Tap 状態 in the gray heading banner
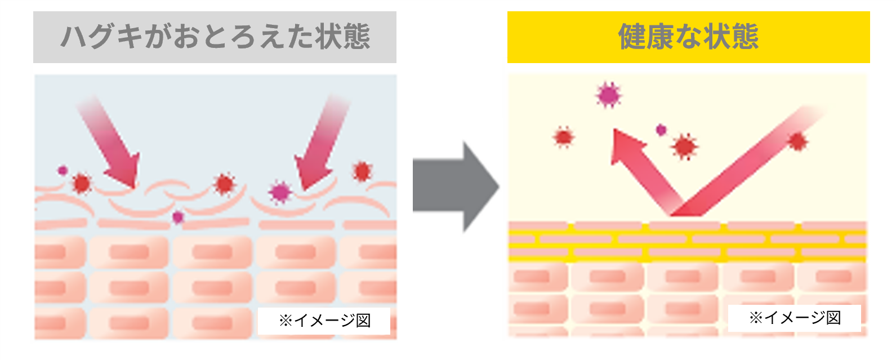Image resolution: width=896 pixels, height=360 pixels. (x=342, y=37)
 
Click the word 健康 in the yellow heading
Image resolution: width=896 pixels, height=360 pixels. (x=645, y=37)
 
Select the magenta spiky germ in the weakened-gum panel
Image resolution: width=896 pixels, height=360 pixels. (x=280, y=192)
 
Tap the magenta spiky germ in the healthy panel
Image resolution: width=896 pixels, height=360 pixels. (x=608, y=95)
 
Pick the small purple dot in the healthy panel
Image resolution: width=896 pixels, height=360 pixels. (x=661, y=130)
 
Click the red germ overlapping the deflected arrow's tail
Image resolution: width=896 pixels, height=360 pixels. (x=798, y=141)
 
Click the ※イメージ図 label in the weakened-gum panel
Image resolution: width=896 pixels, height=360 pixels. (x=324, y=321)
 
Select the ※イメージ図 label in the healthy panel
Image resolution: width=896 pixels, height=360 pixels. (x=795, y=318)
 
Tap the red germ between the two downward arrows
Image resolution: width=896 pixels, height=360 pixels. (x=224, y=184)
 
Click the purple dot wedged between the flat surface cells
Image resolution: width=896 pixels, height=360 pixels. (x=177, y=217)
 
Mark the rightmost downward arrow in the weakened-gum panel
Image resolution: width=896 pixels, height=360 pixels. (x=320, y=142)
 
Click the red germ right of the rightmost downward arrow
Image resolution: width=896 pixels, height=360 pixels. (x=363, y=172)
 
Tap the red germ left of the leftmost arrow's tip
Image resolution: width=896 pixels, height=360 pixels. (x=82, y=184)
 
